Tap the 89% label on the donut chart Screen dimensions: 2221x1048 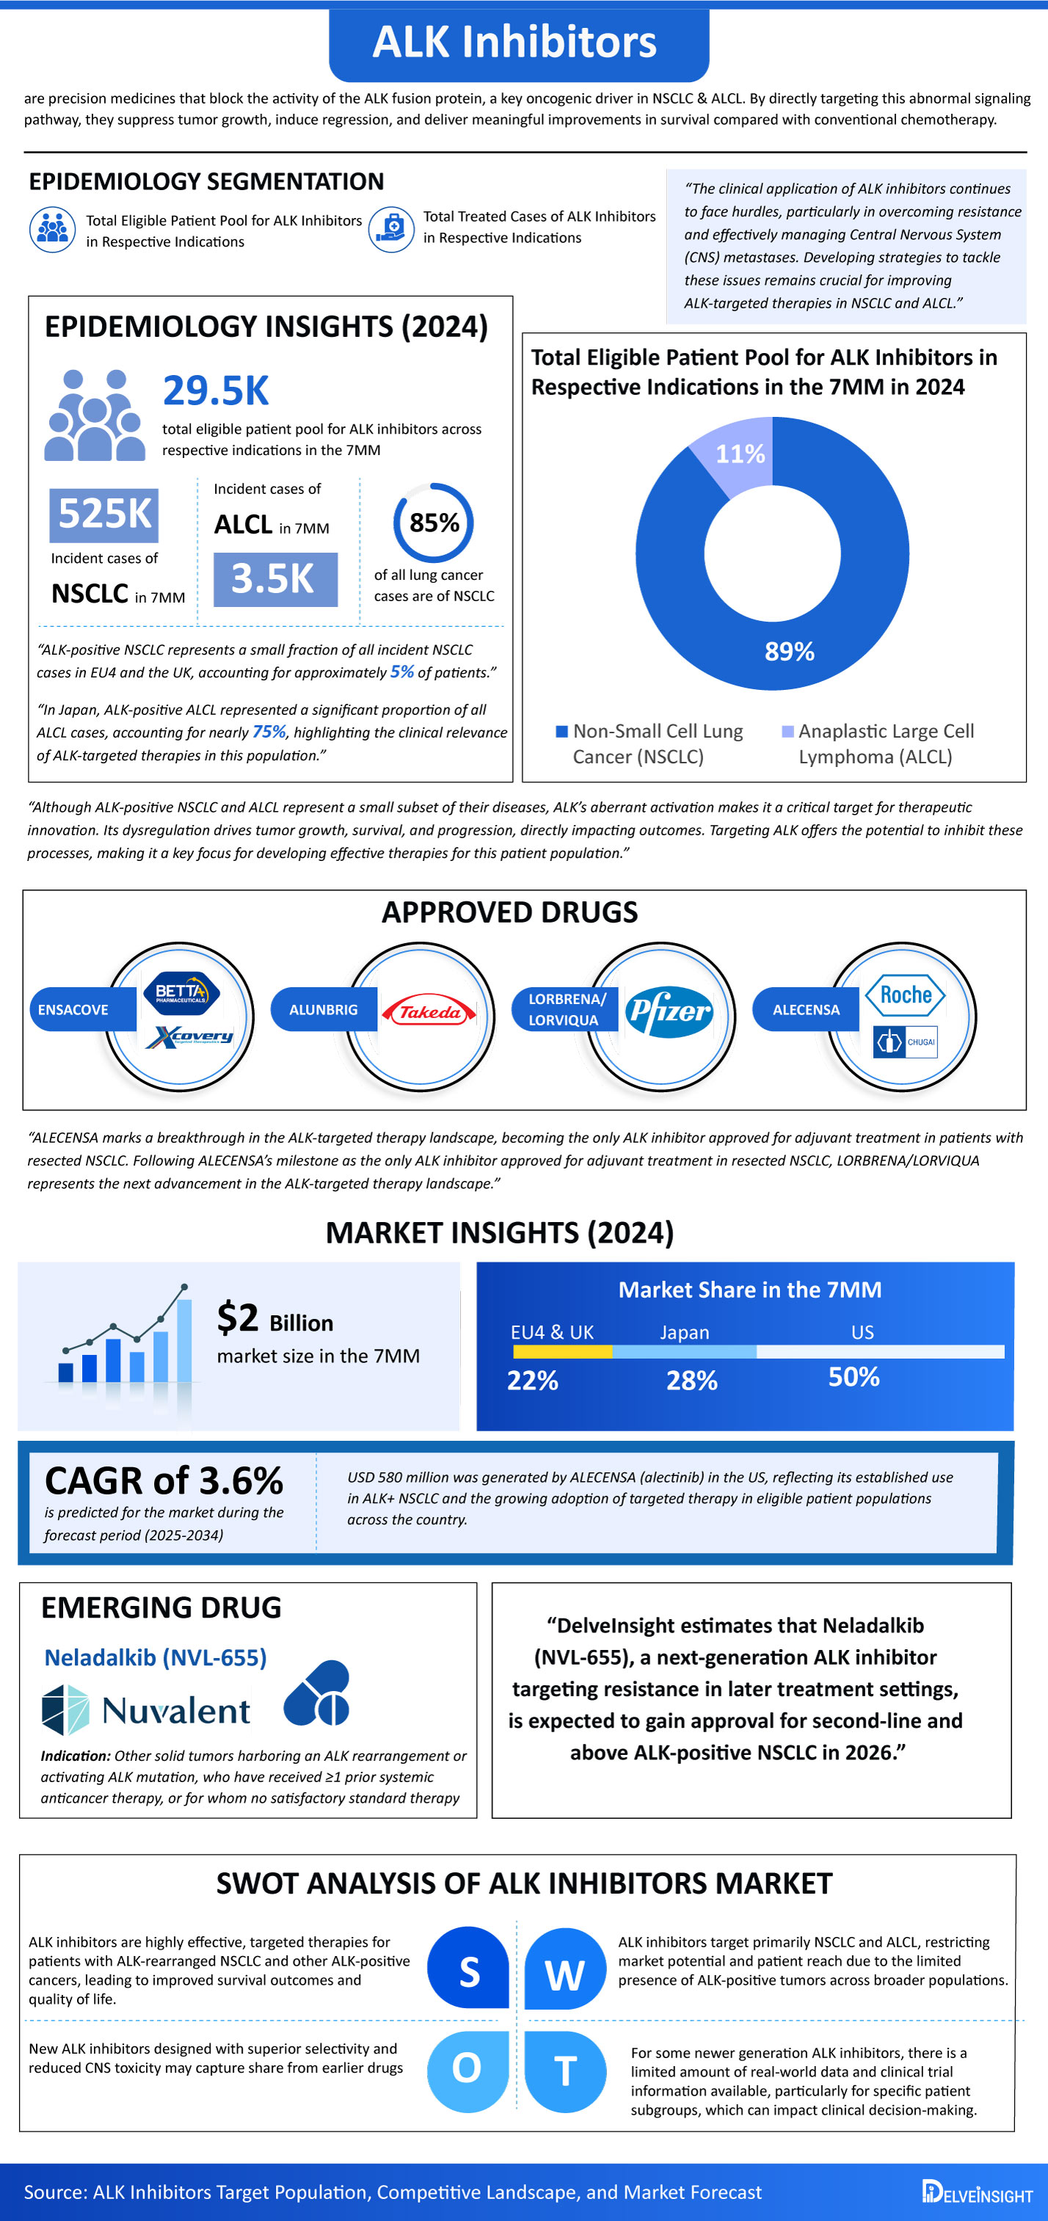pyautogui.click(x=790, y=652)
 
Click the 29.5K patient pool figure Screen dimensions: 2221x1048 pyautogui.click(x=216, y=390)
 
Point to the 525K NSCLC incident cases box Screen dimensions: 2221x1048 pyautogui.click(x=104, y=515)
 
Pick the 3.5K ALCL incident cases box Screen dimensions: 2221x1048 pyautogui.click(x=275, y=579)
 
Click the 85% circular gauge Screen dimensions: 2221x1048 pyautogui.click(x=434, y=523)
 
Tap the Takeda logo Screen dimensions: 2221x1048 pyautogui.click(x=429, y=1012)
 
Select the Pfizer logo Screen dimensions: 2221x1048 pyautogui.click(x=669, y=1011)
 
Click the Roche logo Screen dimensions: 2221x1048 pyautogui.click(x=905, y=995)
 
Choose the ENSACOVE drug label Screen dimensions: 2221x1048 pyautogui.click(x=74, y=1010)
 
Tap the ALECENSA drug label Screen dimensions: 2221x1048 pyautogui.click(x=806, y=1010)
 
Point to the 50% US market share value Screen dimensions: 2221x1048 pyautogui.click(x=854, y=1377)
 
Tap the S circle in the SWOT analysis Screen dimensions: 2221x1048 pyautogui.click(x=469, y=1972)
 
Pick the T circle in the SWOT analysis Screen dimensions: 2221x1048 pyautogui.click(x=565, y=2071)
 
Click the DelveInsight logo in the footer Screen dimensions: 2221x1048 pyautogui.click(x=977, y=2192)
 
